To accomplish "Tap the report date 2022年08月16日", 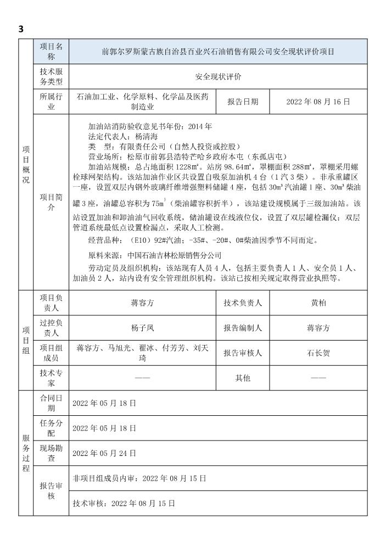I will tap(318, 102).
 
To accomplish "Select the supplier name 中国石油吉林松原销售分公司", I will tap(174, 255).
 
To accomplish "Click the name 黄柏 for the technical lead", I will tap(318, 303).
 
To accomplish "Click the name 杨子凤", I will tap(142, 328).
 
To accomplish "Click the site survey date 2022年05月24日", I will tap(104, 453).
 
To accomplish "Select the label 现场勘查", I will tap(51, 453).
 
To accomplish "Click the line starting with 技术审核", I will tap(124, 503).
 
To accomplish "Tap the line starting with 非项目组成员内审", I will tap(139, 478).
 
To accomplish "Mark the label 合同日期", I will tap(51, 403).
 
